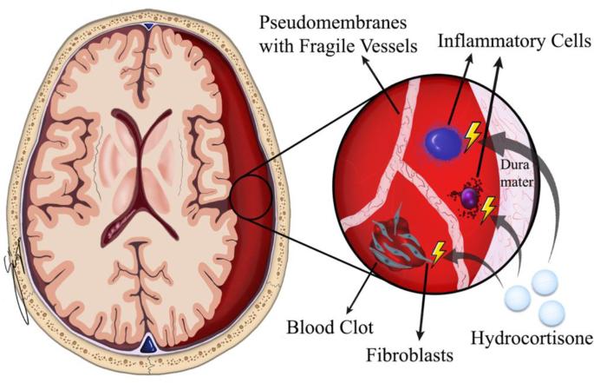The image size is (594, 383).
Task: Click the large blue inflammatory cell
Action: tap(447, 141)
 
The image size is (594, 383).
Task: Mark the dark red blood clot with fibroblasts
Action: tap(396, 244)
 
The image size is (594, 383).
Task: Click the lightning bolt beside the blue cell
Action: tap(473, 135)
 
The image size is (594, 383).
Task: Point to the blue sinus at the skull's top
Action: tap(151, 29)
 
